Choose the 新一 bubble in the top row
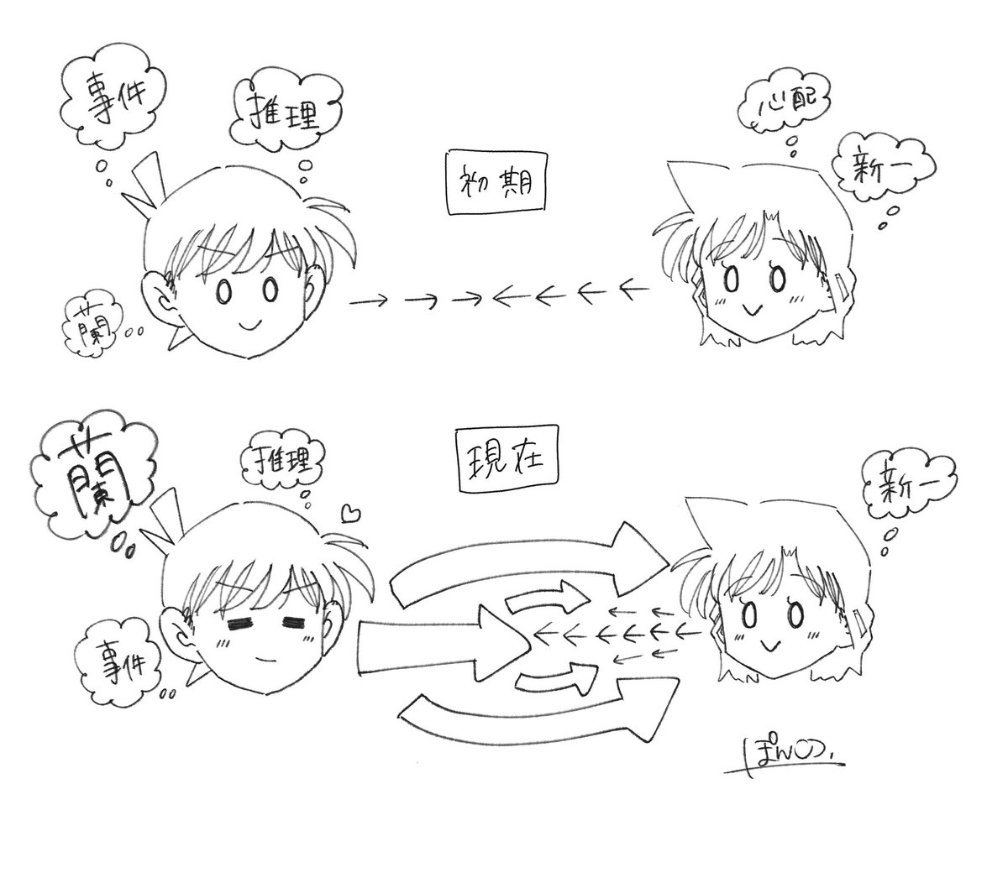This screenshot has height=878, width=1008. pyautogui.click(x=874, y=169)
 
